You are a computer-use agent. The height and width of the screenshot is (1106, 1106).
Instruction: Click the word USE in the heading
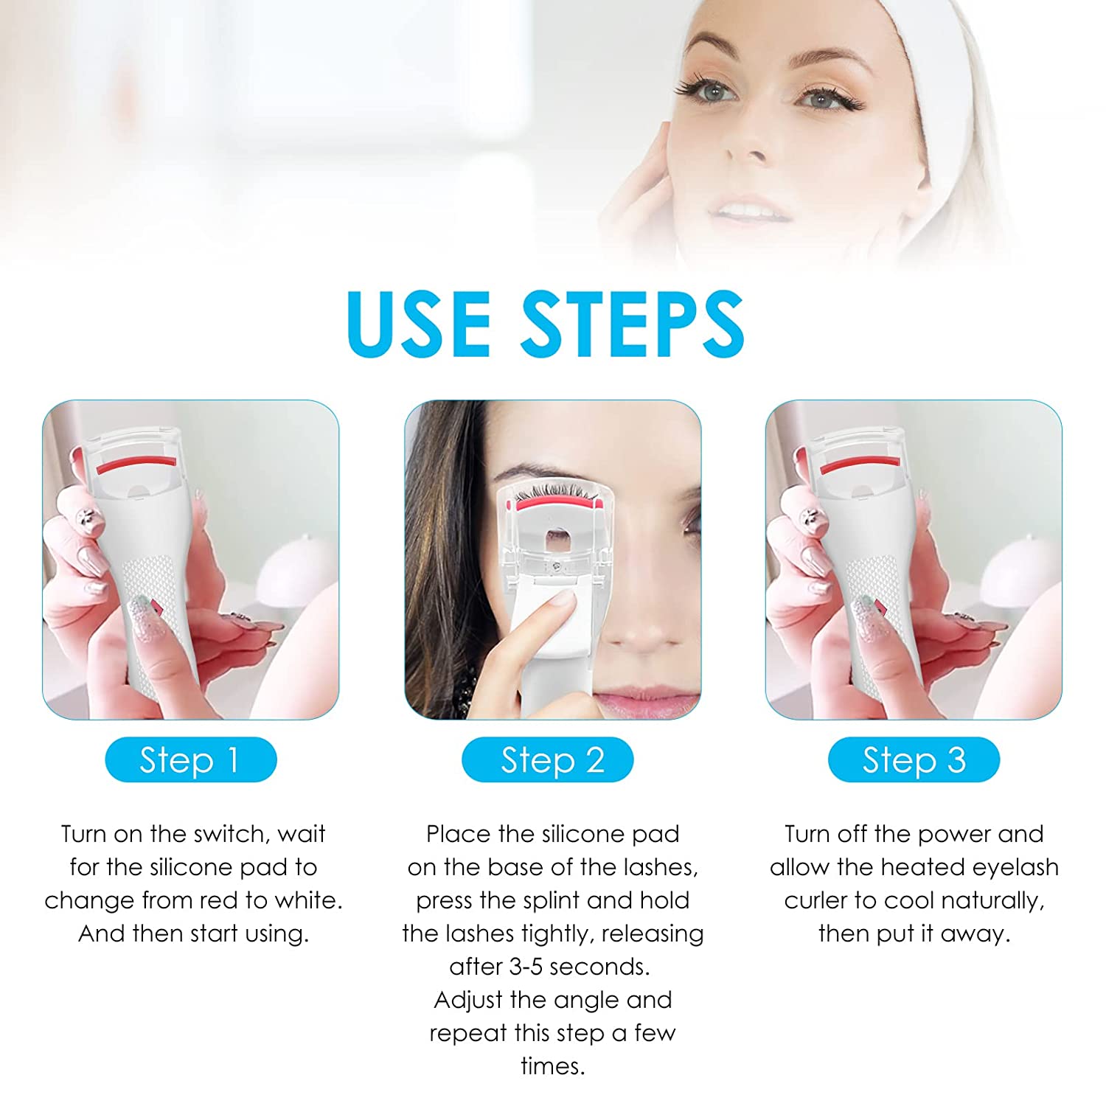click(x=419, y=324)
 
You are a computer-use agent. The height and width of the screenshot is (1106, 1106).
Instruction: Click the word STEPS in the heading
click(x=633, y=324)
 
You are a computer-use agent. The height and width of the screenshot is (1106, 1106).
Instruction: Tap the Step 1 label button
click(x=191, y=759)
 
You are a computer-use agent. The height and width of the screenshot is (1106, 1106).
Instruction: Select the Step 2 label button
click(x=548, y=759)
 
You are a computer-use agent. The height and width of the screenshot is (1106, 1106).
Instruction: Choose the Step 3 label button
click(x=914, y=759)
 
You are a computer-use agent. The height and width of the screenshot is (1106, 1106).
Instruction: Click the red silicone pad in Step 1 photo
click(x=137, y=463)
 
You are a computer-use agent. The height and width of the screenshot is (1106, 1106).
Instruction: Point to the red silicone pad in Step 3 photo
click(x=860, y=463)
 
